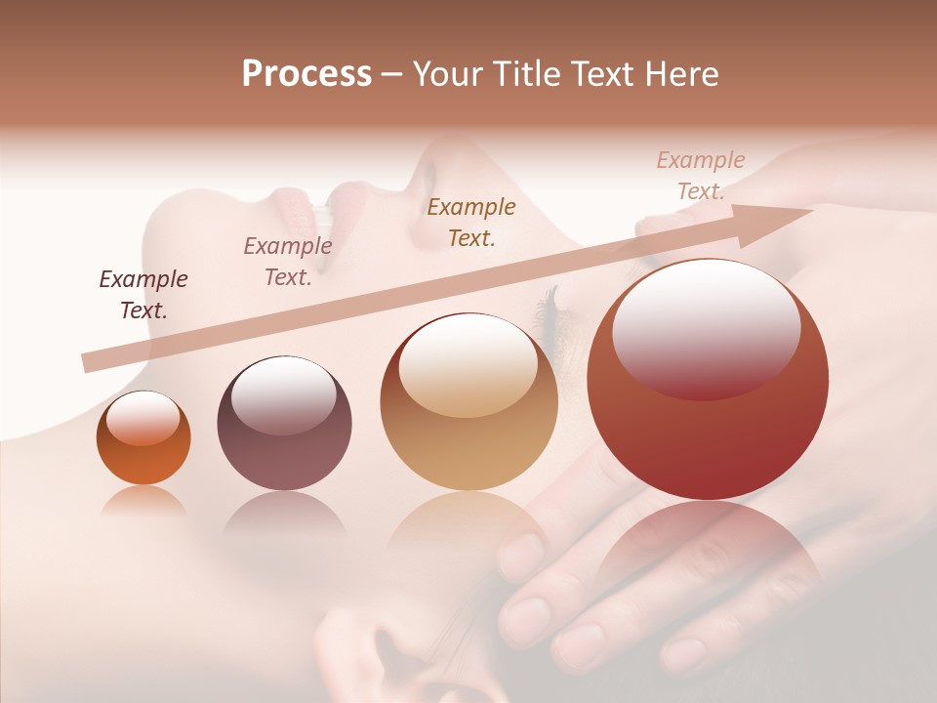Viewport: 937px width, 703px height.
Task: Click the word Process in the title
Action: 306,74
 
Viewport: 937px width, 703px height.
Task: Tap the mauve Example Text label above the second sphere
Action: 288,262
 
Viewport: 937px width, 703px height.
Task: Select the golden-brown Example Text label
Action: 471,222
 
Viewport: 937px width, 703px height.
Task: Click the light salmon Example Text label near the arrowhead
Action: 701,176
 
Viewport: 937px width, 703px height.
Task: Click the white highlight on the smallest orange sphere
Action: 143,417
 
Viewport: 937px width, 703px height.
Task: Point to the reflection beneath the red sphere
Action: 708,547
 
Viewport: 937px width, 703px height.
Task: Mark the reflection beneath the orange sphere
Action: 143,500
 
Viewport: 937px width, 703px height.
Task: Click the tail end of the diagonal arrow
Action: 88,363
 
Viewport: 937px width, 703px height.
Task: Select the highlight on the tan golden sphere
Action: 468,363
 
